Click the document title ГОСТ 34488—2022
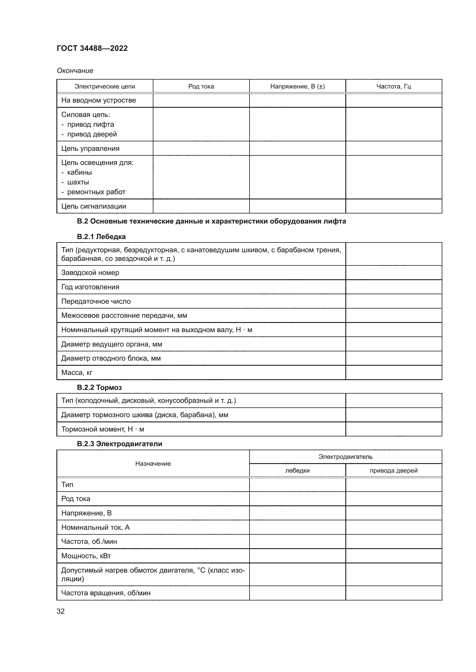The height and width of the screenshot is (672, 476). [x=92, y=48]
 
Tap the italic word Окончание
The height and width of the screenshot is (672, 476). [x=75, y=71]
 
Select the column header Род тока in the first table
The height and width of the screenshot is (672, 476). [x=201, y=86]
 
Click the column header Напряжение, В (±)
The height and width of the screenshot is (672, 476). [x=297, y=86]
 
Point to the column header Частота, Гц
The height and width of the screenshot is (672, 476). [x=393, y=86]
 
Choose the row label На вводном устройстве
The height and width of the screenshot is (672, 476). [x=98, y=100]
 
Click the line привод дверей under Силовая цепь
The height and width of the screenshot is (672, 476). [x=92, y=134]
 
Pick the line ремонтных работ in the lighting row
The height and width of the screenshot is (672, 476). [x=96, y=192]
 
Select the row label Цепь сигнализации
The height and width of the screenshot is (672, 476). [x=94, y=206]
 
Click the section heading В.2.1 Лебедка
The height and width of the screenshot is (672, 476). [x=101, y=236]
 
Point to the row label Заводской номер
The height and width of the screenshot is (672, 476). [x=90, y=273]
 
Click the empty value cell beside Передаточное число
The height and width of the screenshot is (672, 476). [x=393, y=301]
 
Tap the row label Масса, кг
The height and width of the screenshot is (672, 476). [x=77, y=373]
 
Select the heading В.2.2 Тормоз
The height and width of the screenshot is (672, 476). [x=99, y=388]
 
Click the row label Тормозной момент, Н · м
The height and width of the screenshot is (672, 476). [x=102, y=429]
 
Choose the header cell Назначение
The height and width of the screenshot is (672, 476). [x=153, y=464]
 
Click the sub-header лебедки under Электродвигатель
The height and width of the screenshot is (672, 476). [x=297, y=471]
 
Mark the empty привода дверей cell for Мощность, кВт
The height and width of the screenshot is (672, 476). [x=393, y=556]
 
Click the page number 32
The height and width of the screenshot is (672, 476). [x=61, y=611]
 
